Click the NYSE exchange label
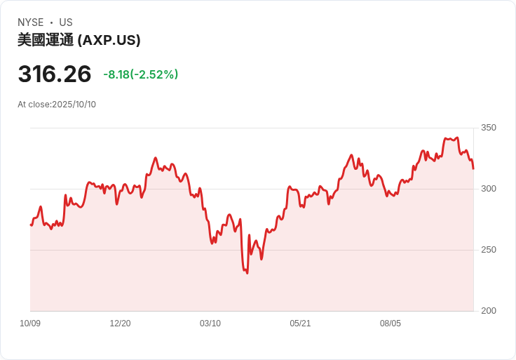click(31, 22)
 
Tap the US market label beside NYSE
click(66, 22)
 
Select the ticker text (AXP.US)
click(109, 40)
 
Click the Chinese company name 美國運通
click(46, 40)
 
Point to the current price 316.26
click(55, 74)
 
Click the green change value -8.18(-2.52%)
click(140, 74)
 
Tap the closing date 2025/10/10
click(74, 105)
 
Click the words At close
click(34, 105)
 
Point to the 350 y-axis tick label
click(489, 128)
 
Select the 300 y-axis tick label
click(489, 189)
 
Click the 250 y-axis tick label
click(489, 250)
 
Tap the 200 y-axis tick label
click(489, 311)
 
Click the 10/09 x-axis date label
click(30, 324)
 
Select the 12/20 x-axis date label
click(120, 324)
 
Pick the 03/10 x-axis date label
click(210, 324)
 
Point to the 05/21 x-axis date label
click(300, 324)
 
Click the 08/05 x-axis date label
click(391, 324)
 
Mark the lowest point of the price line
click(247, 273)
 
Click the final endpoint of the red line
click(473, 168)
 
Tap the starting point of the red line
click(31, 225)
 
